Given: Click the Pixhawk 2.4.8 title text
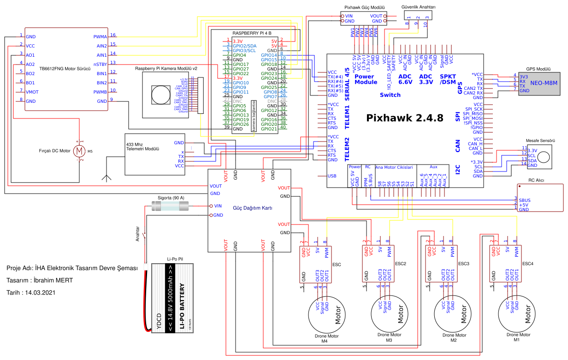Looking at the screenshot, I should [404, 118].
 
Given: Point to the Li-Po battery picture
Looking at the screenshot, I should [168, 297].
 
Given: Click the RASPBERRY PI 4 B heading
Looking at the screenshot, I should [252, 33].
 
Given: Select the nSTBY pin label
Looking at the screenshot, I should [100, 64].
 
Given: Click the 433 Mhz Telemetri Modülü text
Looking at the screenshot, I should [142, 147].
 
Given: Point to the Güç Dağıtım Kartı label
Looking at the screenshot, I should [249, 208].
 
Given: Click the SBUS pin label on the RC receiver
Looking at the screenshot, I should [524, 201].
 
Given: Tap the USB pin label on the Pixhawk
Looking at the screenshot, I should [331, 176].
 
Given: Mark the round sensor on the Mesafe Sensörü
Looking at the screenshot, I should [544, 156].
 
